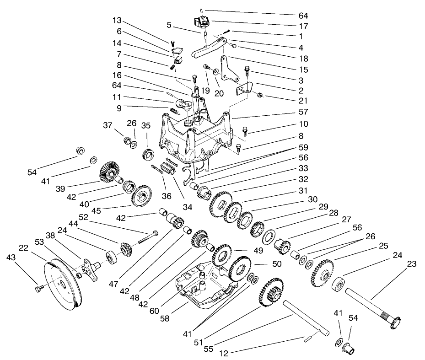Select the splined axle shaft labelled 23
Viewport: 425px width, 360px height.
tap(371, 307)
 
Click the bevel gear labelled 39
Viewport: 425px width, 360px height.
tap(108, 171)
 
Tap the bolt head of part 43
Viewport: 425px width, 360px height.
tap(38, 288)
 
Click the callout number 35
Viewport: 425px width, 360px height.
tap(146, 125)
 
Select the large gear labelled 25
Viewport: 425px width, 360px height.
tap(323, 273)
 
